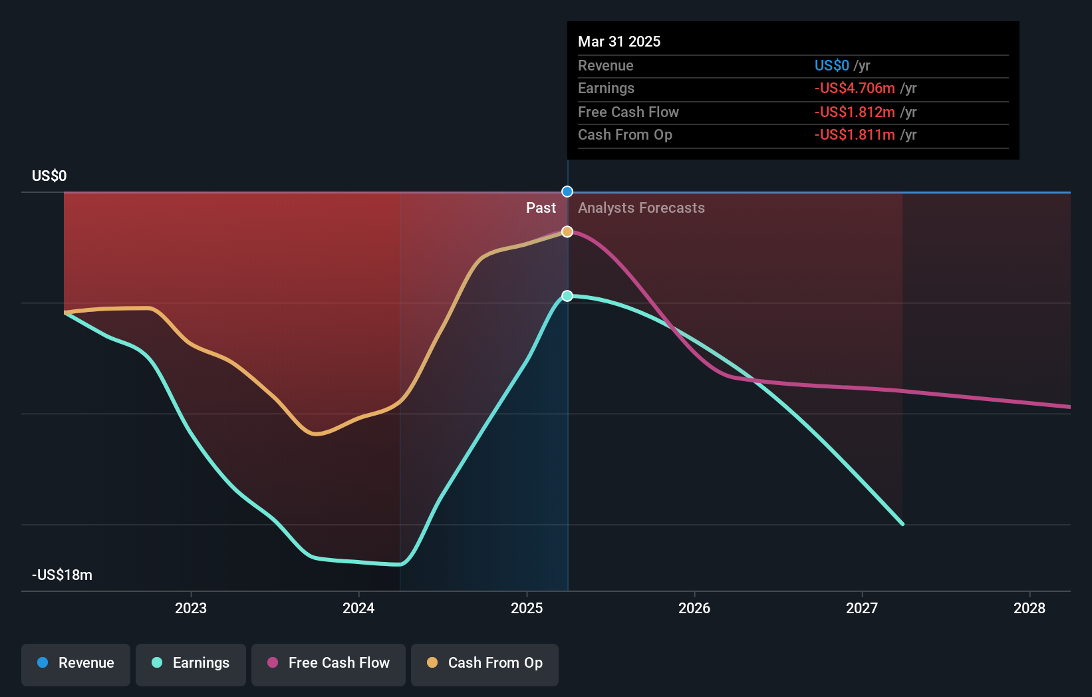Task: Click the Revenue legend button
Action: pyautogui.click(x=76, y=663)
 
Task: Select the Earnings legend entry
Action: pyautogui.click(x=191, y=663)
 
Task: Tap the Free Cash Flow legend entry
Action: pyautogui.click(x=329, y=663)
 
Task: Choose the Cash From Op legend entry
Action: pyautogui.click(x=485, y=663)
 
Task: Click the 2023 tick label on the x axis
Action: pyautogui.click(x=191, y=608)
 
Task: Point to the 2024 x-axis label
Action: pyautogui.click(x=358, y=608)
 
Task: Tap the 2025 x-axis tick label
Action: pyautogui.click(x=527, y=608)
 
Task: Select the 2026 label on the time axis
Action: pyautogui.click(x=694, y=608)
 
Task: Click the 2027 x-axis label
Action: pyautogui.click(x=862, y=608)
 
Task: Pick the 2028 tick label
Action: pyautogui.click(x=1029, y=608)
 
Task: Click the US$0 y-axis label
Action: pyautogui.click(x=49, y=176)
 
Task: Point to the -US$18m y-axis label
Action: pyautogui.click(x=62, y=575)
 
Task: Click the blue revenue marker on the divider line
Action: pyautogui.click(x=567, y=192)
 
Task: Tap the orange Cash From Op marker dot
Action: pyautogui.click(x=567, y=231)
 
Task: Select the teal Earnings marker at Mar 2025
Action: pyautogui.click(x=567, y=296)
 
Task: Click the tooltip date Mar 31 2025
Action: pyautogui.click(x=619, y=41)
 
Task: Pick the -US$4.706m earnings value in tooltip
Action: pyautogui.click(x=855, y=88)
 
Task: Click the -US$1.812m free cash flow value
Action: pyautogui.click(x=855, y=112)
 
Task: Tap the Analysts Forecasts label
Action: pyautogui.click(x=641, y=208)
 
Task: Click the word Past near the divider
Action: pyautogui.click(x=541, y=208)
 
